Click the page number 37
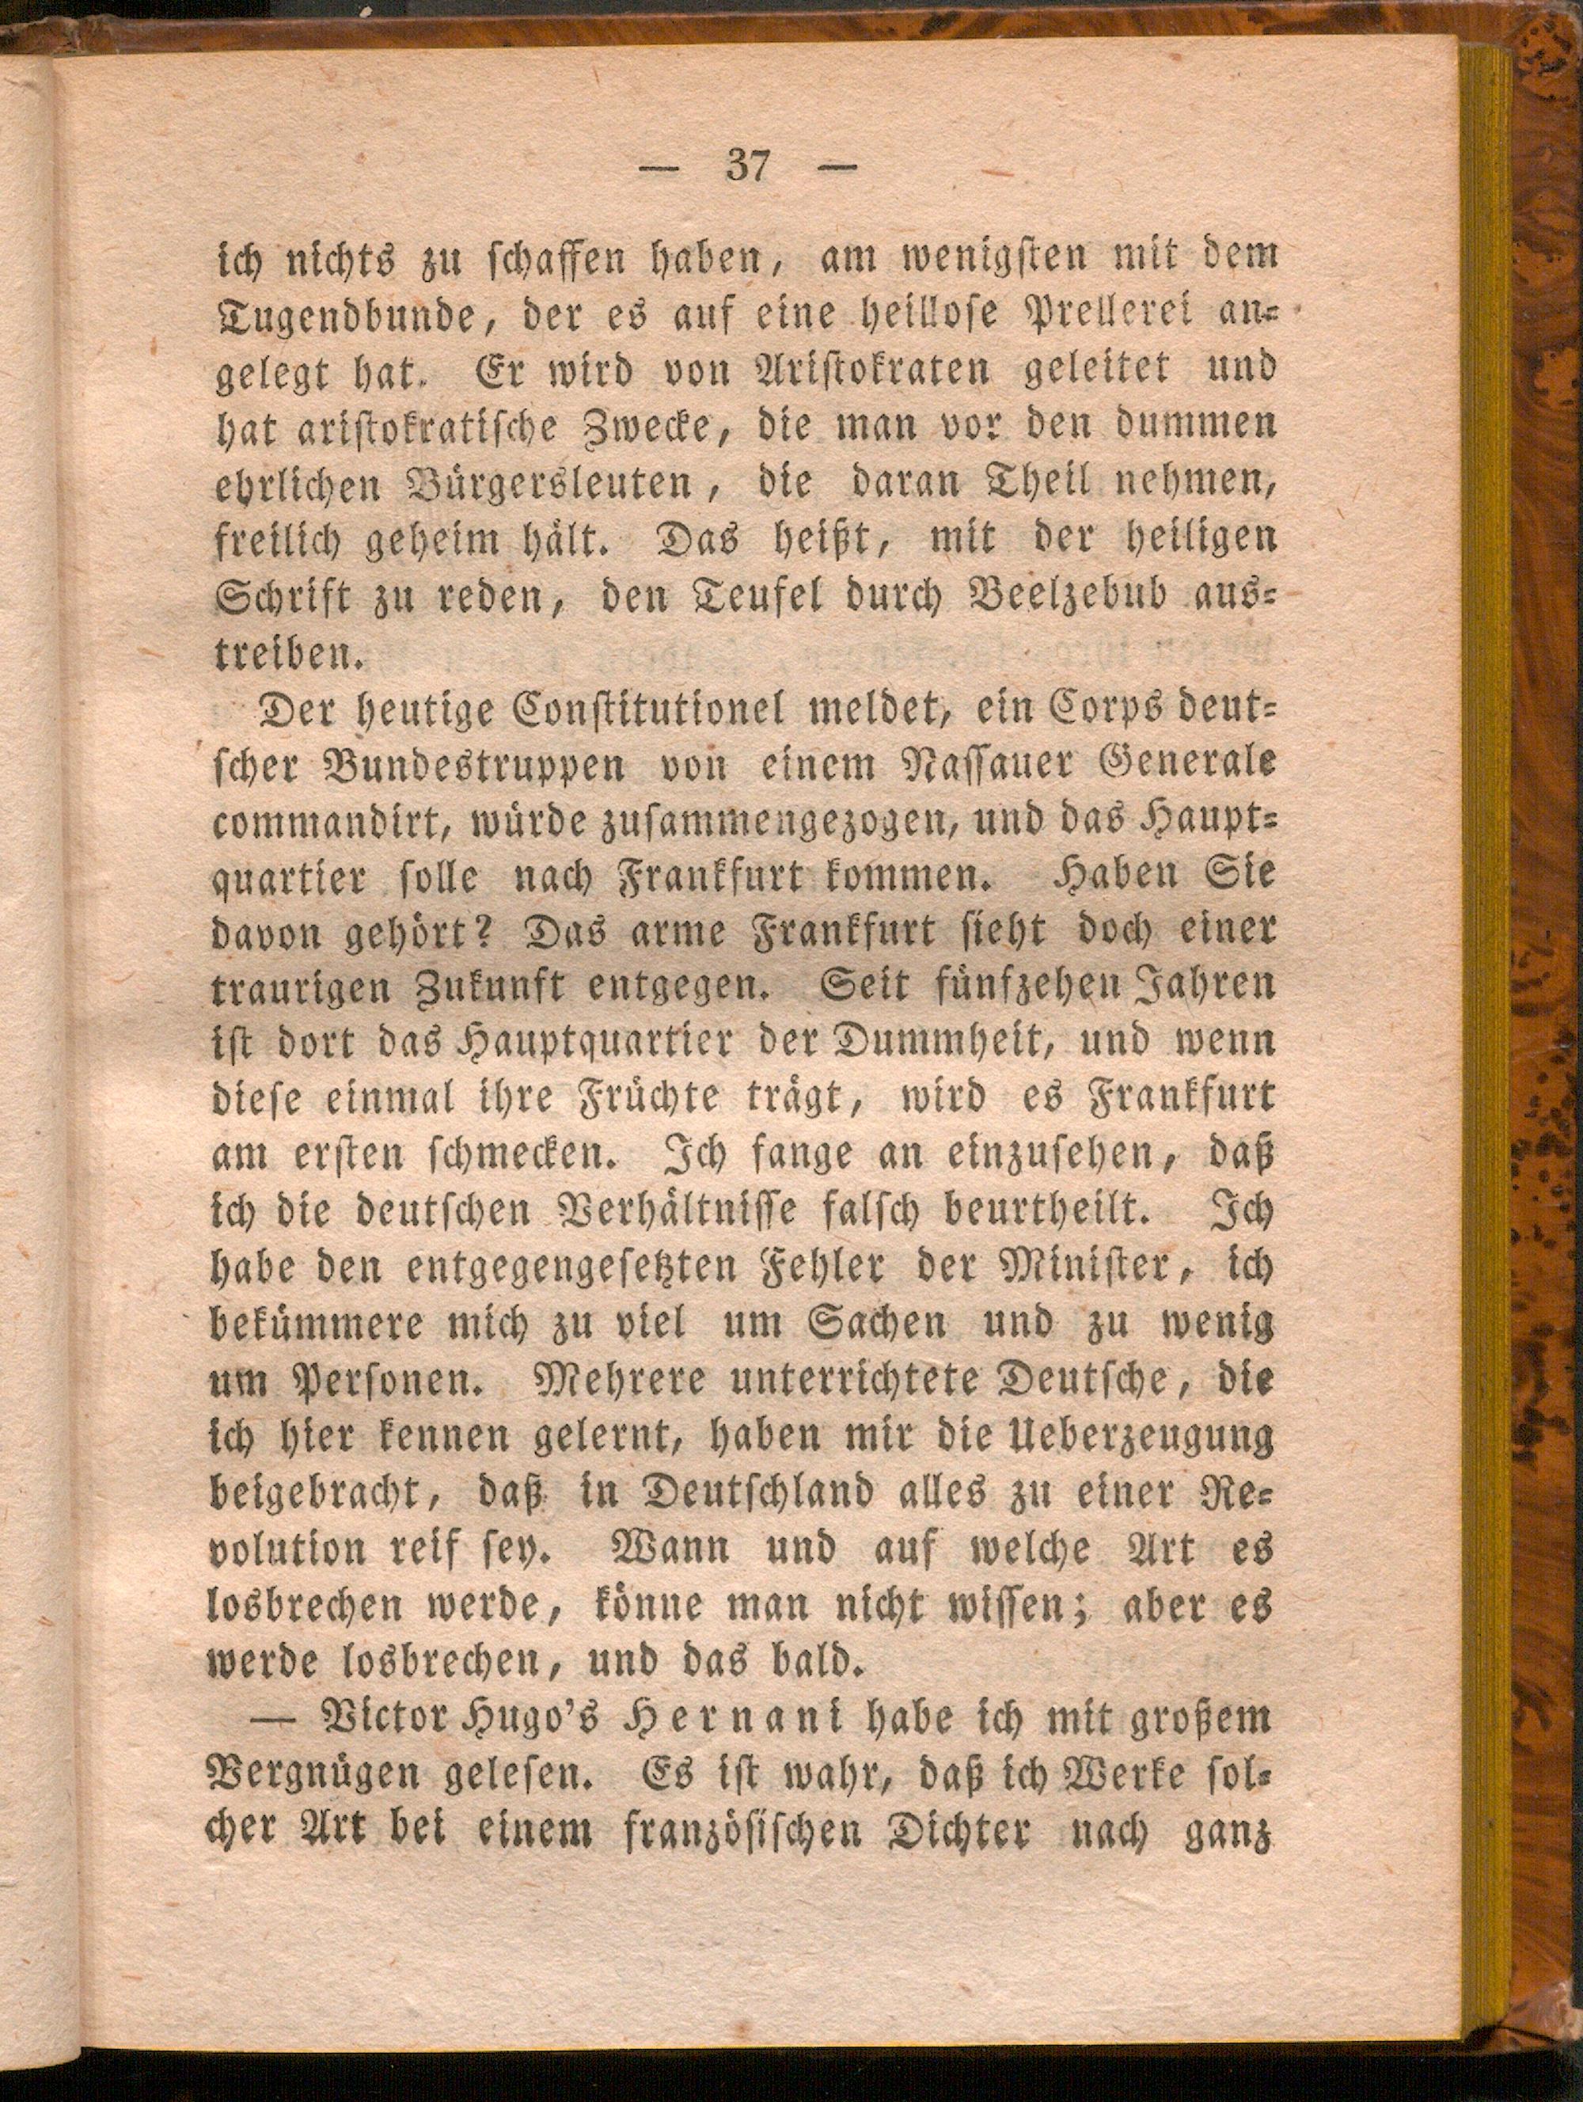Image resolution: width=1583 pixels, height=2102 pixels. (x=747, y=166)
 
